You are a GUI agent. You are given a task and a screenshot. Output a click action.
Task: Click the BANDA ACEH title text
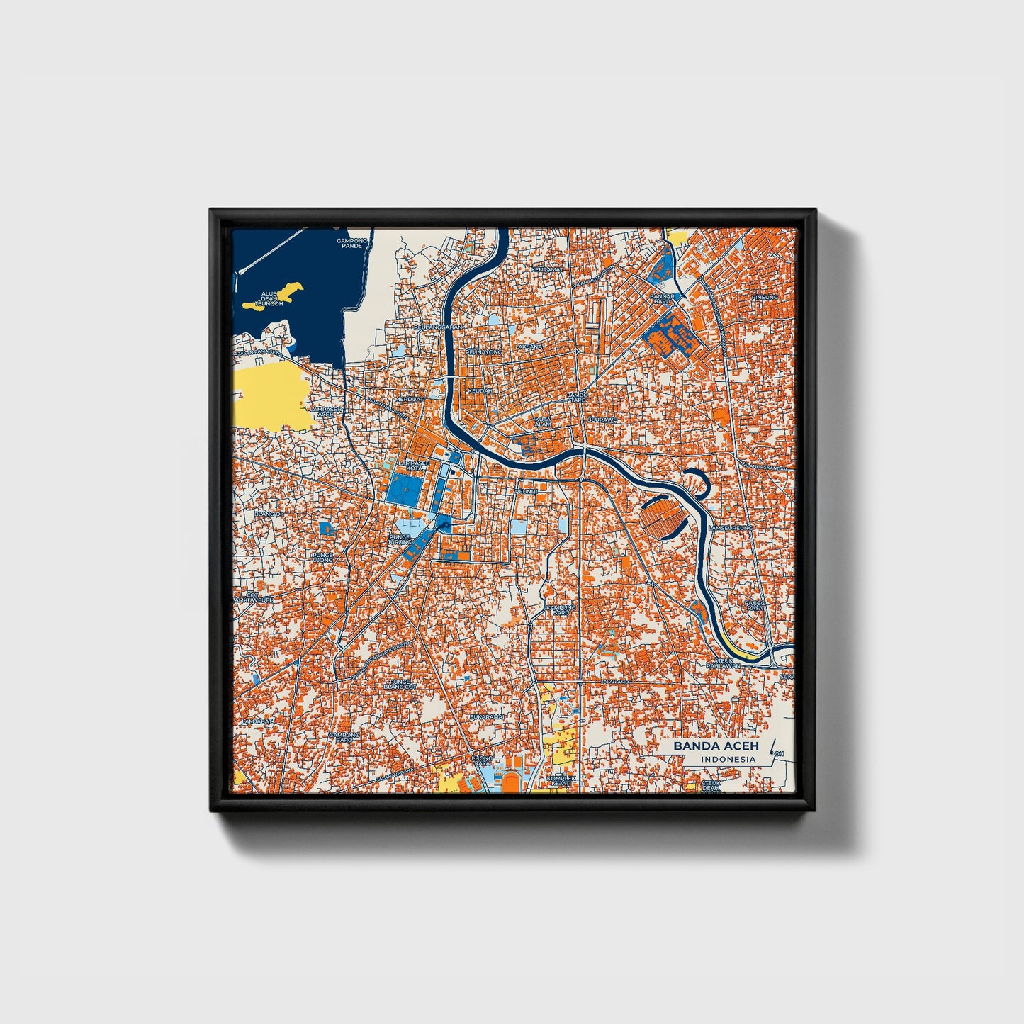[x=716, y=746]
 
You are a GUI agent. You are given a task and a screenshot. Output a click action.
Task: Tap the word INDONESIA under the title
[x=728, y=759]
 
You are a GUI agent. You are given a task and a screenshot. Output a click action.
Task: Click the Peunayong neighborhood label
[x=485, y=351]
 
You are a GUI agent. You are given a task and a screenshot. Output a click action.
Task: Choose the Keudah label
[x=480, y=390]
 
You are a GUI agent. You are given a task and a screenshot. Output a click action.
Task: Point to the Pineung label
[x=765, y=297]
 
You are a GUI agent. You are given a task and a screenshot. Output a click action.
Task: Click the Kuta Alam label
[x=544, y=422]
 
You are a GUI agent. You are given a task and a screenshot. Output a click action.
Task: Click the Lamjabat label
[x=256, y=721]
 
